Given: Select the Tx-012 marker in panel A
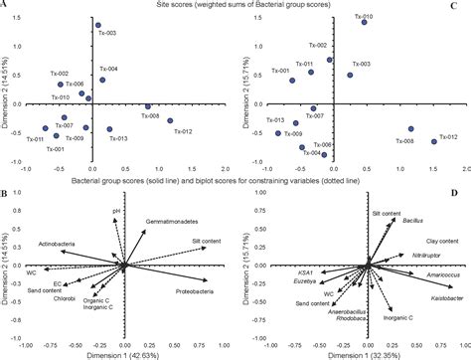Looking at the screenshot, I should click(171, 120).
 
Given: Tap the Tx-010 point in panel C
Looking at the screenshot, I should click(365, 22).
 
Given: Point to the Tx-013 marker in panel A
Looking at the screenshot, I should click(109, 129).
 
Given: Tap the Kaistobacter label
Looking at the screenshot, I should click(437, 297).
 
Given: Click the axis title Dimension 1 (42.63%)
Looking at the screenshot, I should click(125, 353).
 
